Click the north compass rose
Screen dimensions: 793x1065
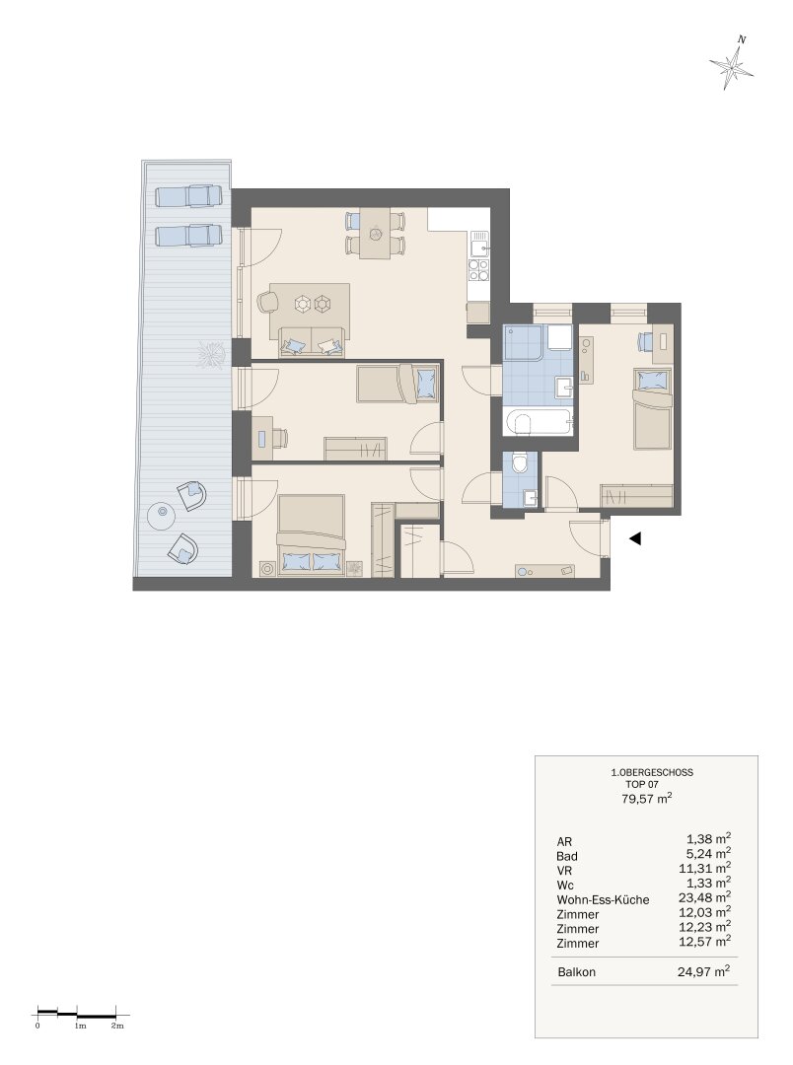(x=732, y=63)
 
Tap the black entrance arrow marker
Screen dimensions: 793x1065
(x=635, y=538)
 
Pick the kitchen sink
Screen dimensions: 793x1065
(x=479, y=244)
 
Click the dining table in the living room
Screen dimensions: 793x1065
(x=375, y=233)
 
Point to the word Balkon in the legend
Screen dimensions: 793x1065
(x=576, y=972)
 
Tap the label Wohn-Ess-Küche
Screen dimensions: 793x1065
(x=603, y=900)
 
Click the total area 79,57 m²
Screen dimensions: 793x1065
(x=647, y=798)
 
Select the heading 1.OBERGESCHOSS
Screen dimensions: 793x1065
(x=652, y=772)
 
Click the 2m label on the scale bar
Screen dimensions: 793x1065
(x=116, y=1026)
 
